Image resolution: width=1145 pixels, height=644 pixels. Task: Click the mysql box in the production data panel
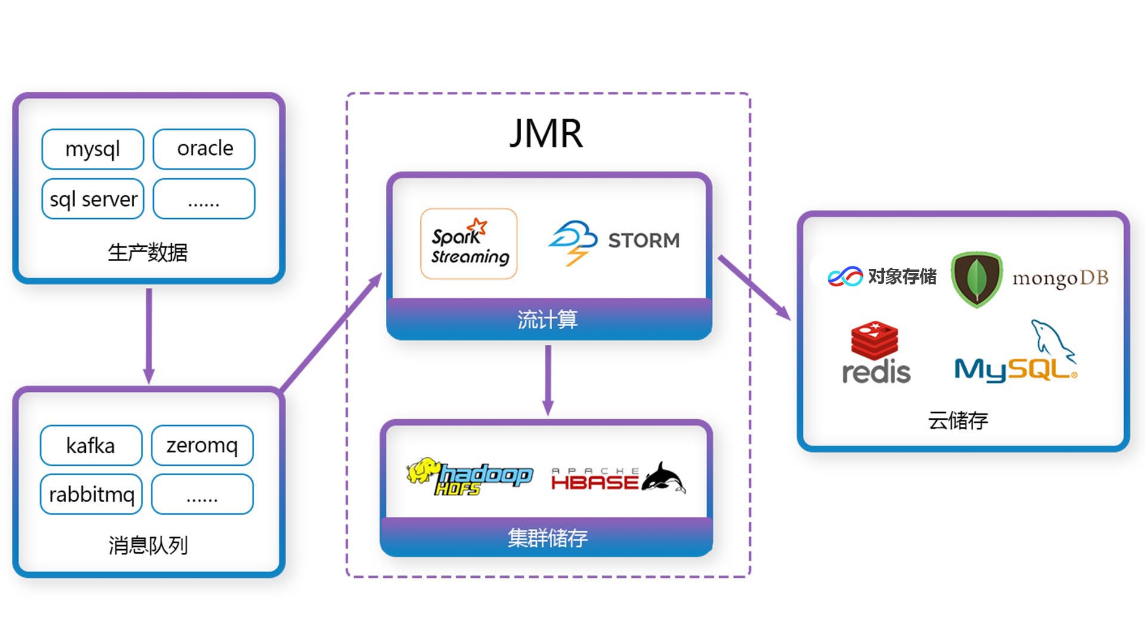(x=92, y=149)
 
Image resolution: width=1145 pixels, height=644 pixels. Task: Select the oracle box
(x=204, y=149)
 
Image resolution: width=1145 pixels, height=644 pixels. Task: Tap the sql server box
(x=93, y=199)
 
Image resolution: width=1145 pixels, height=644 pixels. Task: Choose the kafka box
(x=91, y=445)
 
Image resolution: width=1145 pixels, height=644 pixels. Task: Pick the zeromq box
(x=202, y=445)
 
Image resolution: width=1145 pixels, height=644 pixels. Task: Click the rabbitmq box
(x=91, y=494)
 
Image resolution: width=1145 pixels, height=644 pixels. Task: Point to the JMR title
(x=546, y=134)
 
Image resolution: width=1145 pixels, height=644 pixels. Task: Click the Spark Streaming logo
(x=469, y=244)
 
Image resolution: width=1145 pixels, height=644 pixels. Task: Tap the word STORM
(x=643, y=240)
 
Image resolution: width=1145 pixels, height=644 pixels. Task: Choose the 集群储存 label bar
(x=547, y=538)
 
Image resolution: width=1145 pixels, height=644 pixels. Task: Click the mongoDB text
(x=1060, y=278)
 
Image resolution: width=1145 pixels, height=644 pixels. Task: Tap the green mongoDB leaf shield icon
(x=976, y=279)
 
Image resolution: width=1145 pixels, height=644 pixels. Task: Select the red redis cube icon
(x=874, y=340)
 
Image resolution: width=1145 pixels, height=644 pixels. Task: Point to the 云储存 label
(x=958, y=420)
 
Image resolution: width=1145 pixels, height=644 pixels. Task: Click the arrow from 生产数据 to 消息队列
(x=149, y=335)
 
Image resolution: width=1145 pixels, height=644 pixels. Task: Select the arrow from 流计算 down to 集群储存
(x=548, y=379)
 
